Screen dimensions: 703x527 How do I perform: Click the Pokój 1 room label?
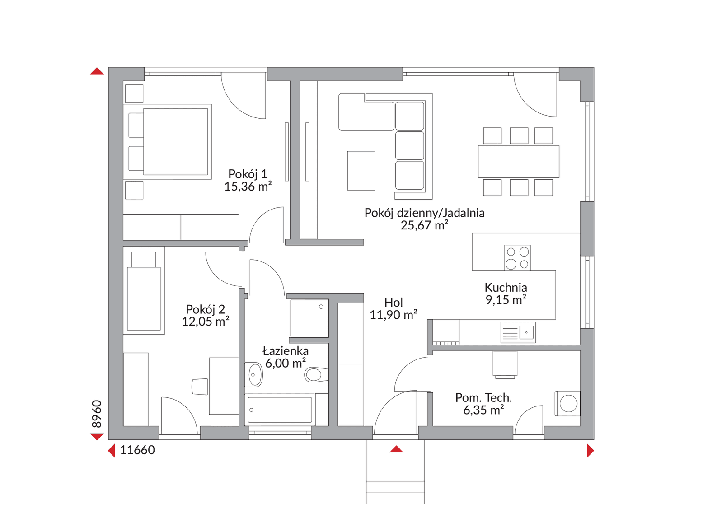(x=248, y=174)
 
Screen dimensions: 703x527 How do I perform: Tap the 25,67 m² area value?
(x=424, y=225)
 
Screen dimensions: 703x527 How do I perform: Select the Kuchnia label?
(x=506, y=287)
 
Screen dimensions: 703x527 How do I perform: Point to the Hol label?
(x=394, y=303)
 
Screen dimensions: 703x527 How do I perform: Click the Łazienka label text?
(x=286, y=351)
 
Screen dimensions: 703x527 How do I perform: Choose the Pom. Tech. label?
(x=483, y=398)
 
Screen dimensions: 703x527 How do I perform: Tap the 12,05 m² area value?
(x=205, y=321)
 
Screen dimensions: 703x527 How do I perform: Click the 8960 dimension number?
(x=97, y=414)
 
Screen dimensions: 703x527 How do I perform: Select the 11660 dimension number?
(x=137, y=450)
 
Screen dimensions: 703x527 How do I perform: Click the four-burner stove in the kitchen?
(x=517, y=258)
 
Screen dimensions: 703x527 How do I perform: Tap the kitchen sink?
(x=518, y=332)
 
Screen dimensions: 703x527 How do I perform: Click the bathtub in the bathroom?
(x=280, y=410)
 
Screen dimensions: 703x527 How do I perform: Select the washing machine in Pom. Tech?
(x=567, y=403)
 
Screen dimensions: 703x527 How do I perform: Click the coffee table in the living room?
(x=361, y=171)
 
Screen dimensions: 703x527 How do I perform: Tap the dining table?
(x=519, y=162)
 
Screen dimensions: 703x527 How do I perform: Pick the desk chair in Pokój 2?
(x=200, y=387)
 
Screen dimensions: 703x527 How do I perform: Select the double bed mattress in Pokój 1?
(x=175, y=142)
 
